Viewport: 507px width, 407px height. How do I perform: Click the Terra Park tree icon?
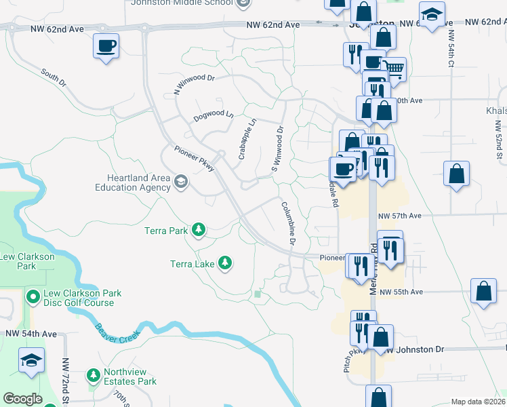tap(199, 231)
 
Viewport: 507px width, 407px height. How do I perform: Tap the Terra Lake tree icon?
tap(224, 263)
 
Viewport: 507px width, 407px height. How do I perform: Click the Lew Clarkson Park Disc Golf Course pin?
tap(33, 296)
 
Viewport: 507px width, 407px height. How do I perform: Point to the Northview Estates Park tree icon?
tap(94, 375)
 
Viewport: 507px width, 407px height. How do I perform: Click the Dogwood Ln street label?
tap(213, 115)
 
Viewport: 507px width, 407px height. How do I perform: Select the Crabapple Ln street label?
tap(247, 139)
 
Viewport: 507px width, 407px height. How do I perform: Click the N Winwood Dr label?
tap(194, 83)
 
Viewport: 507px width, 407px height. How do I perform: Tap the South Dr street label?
tap(54, 77)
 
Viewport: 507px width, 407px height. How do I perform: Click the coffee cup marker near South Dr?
tap(106, 47)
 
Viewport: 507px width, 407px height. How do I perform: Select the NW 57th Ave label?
tap(400, 216)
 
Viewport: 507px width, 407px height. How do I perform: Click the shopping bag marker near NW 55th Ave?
tap(483, 292)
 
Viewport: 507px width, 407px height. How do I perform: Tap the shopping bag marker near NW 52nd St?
tap(457, 173)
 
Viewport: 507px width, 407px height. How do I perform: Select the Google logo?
tap(22, 399)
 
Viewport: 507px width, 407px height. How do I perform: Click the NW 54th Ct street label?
tap(451, 48)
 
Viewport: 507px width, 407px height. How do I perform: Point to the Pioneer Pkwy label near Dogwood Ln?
tap(194, 159)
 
